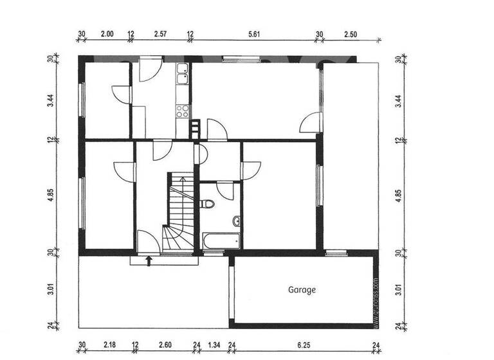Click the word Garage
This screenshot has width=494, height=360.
click(302, 290)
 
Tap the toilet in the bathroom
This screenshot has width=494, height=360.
click(207, 204)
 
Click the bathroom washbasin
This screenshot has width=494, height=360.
click(237, 222)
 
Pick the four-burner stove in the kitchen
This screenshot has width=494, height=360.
click(183, 110)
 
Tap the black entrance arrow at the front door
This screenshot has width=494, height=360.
click(149, 260)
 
